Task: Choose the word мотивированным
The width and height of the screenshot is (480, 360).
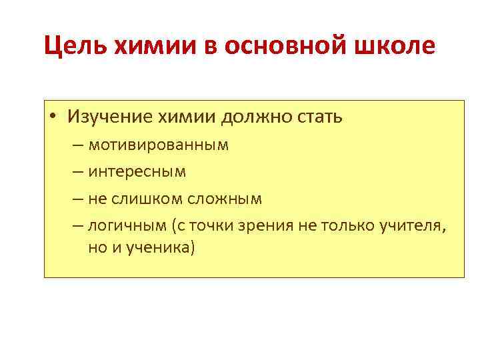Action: tap(158, 145)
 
